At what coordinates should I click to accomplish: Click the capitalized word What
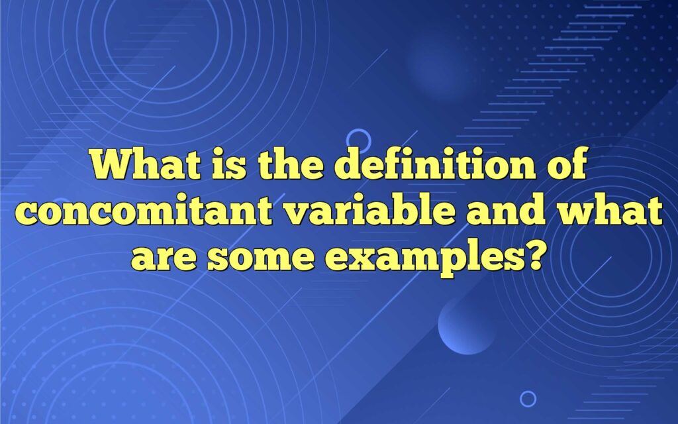coord(146,164)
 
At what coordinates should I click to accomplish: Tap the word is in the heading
coord(228,164)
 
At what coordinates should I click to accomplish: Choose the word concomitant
coord(144,211)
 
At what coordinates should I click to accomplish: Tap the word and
coord(506,210)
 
